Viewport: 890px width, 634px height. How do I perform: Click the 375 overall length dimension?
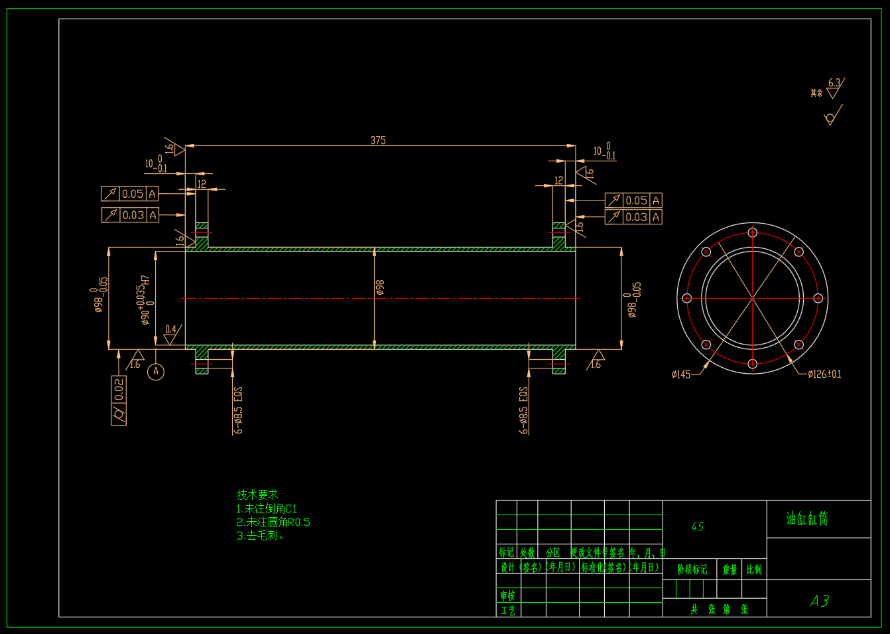point(378,140)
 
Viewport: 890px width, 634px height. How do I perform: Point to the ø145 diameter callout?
point(680,374)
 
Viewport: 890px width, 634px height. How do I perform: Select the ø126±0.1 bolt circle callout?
point(824,374)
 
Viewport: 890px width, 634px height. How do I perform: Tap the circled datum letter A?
point(156,371)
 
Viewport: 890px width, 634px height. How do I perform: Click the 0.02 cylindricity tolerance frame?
point(119,400)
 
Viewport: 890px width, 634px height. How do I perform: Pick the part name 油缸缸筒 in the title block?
point(807,518)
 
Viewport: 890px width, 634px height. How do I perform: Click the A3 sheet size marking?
point(820,601)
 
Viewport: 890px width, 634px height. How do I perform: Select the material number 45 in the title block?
point(697,526)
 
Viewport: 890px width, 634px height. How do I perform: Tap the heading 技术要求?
point(257,495)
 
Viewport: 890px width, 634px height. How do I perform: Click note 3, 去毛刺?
point(261,536)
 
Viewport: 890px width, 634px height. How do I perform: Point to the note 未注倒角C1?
point(267,509)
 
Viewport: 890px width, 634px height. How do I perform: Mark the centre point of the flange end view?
point(753,298)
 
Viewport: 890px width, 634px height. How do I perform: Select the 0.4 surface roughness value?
point(171,329)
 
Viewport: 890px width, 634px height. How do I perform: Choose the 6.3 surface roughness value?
point(834,83)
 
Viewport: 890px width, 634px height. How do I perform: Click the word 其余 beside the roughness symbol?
point(816,93)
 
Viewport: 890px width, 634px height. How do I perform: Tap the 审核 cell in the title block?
point(507,595)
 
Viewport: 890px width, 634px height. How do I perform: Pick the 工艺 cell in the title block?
point(507,610)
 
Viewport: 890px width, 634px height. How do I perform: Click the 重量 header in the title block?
point(730,570)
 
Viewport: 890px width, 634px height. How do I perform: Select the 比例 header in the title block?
point(754,570)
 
